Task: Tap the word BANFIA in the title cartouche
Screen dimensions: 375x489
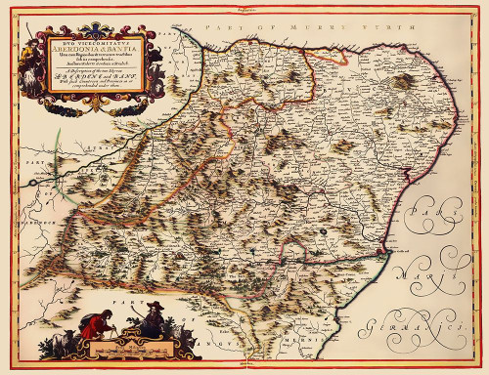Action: [108, 46]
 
